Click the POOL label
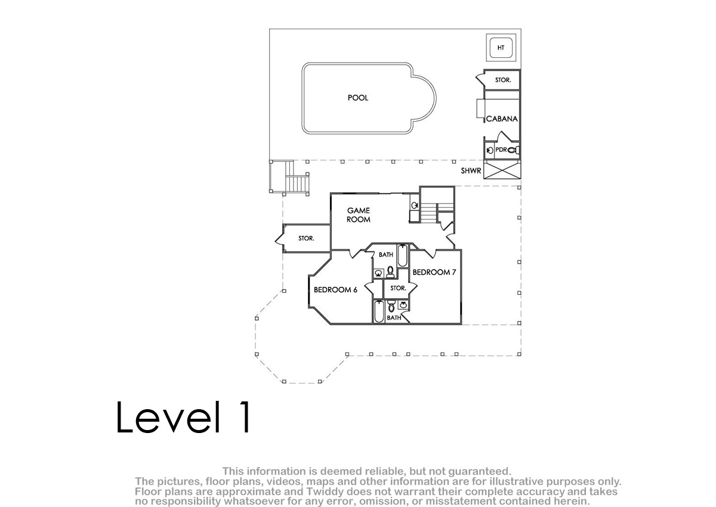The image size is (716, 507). [x=357, y=98]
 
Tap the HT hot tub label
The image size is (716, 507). [x=501, y=48]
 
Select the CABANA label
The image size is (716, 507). [x=502, y=119]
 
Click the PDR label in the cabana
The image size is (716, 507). [x=501, y=150]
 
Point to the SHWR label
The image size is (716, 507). [x=471, y=171]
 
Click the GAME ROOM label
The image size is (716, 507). [x=359, y=215]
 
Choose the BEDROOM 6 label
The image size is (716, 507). [x=335, y=290]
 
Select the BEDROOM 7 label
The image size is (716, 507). [x=434, y=272]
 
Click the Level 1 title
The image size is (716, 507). [x=183, y=417]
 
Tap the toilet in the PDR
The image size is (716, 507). [x=513, y=150]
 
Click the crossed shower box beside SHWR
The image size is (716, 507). [x=502, y=169]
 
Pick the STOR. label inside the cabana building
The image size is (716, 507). [x=503, y=80]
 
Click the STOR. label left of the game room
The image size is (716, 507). [x=306, y=239]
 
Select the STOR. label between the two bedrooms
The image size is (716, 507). [x=398, y=288]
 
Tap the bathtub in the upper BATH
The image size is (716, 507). [x=402, y=255]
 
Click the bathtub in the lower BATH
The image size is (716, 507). [x=379, y=311]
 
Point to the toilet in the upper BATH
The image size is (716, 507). [x=390, y=272]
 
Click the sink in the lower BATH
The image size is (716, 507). [x=403, y=305]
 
